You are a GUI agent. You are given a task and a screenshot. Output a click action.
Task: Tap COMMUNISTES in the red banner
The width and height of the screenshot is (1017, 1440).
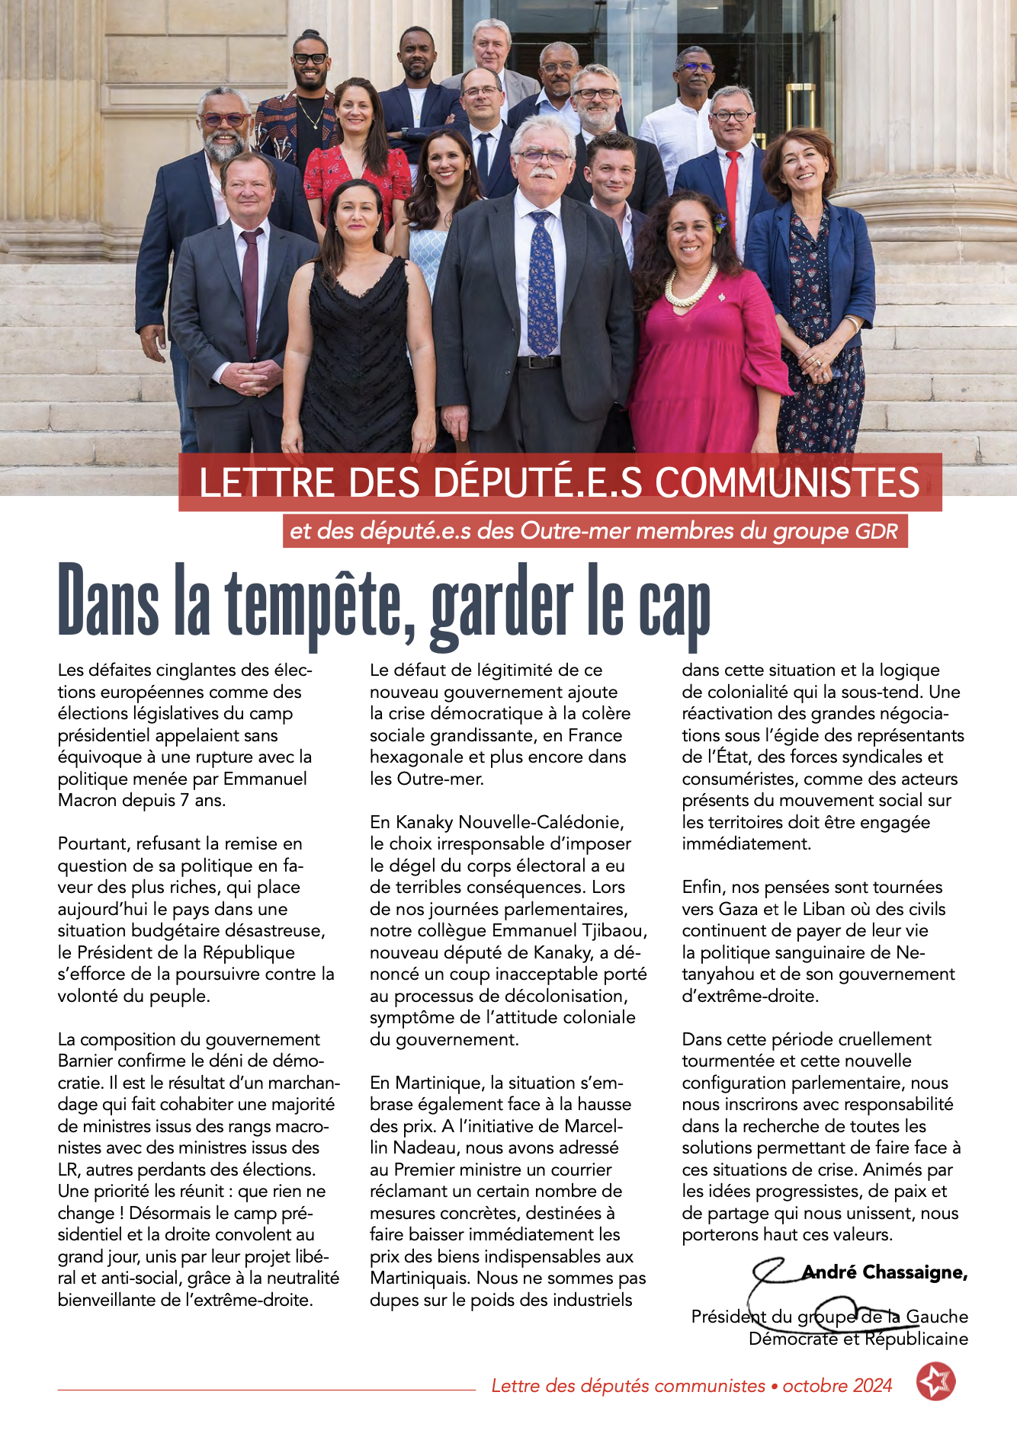[x=788, y=482]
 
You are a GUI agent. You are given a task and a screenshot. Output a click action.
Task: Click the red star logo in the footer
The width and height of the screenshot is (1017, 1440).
[x=935, y=1382]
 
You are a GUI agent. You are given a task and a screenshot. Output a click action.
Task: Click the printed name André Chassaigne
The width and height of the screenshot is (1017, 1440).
[x=884, y=1272]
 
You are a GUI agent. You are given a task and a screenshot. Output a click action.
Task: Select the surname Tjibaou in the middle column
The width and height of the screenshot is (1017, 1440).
[x=618, y=930]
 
